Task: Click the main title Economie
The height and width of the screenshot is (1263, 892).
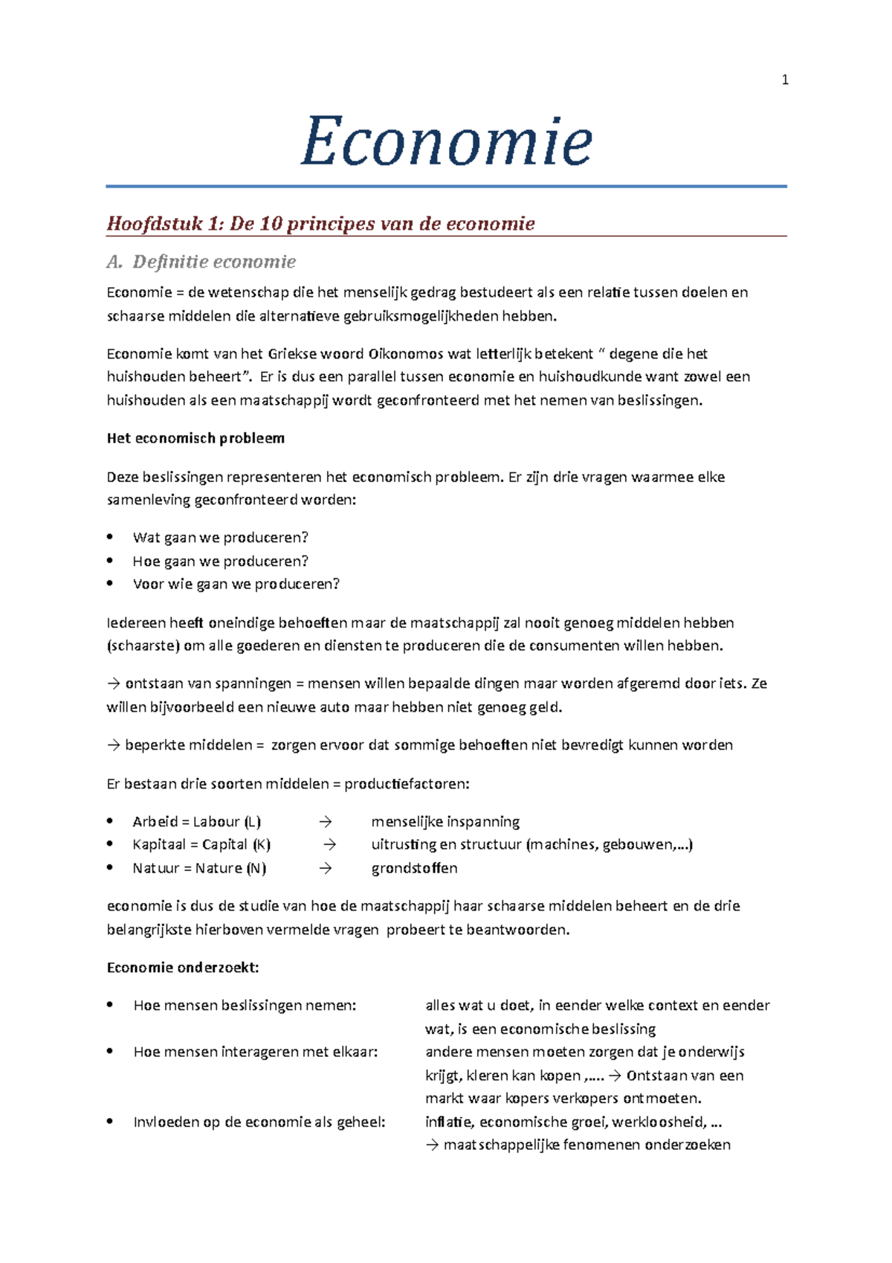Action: point(446,140)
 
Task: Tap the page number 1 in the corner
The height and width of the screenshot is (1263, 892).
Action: point(785,80)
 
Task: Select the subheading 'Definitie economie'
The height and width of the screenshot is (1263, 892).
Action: point(214,262)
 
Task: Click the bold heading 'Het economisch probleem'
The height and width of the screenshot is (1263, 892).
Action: point(195,438)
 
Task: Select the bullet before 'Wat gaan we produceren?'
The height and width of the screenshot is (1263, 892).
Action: point(110,536)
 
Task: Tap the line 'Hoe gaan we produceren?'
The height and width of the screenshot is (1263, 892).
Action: point(220,561)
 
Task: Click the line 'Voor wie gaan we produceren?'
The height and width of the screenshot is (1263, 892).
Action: point(236,584)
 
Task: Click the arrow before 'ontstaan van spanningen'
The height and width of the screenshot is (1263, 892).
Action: point(113,684)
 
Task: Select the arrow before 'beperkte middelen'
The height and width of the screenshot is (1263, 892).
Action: point(113,745)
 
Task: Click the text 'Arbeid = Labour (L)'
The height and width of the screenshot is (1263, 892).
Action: point(196,821)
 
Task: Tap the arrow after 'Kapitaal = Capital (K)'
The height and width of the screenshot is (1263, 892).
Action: point(330,845)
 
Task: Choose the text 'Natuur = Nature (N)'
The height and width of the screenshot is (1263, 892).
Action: point(199,868)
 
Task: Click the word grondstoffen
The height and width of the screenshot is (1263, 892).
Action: point(414,868)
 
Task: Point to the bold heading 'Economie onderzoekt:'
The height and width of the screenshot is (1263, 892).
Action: point(183,967)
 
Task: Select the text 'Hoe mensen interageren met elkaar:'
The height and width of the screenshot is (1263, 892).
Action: point(256,1052)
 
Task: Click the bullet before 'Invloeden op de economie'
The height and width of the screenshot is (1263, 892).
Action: point(110,1121)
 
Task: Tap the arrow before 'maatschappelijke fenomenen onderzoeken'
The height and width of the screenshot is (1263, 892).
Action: point(432,1145)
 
